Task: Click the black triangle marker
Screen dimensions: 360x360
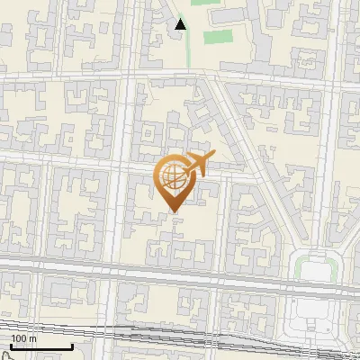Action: [x=181, y=24]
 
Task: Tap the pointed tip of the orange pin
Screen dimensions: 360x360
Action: [x=174, y=211]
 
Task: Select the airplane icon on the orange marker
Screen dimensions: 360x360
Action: [x=196, y=164]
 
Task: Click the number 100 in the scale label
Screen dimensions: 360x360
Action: [x=18, y=339]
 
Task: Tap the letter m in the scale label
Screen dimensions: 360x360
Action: [x=33, y=339]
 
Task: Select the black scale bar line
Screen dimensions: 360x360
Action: [x=40, y=347]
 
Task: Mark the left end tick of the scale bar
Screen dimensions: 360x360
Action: [x=10, y=345]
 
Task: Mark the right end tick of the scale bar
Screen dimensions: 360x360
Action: [x=72, y=345]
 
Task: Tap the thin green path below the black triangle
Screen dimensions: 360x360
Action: [x=188, y=49]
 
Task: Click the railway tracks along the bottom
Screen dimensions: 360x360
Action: [x=180, y=335]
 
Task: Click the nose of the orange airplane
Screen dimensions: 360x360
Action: [x=213, y=157]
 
